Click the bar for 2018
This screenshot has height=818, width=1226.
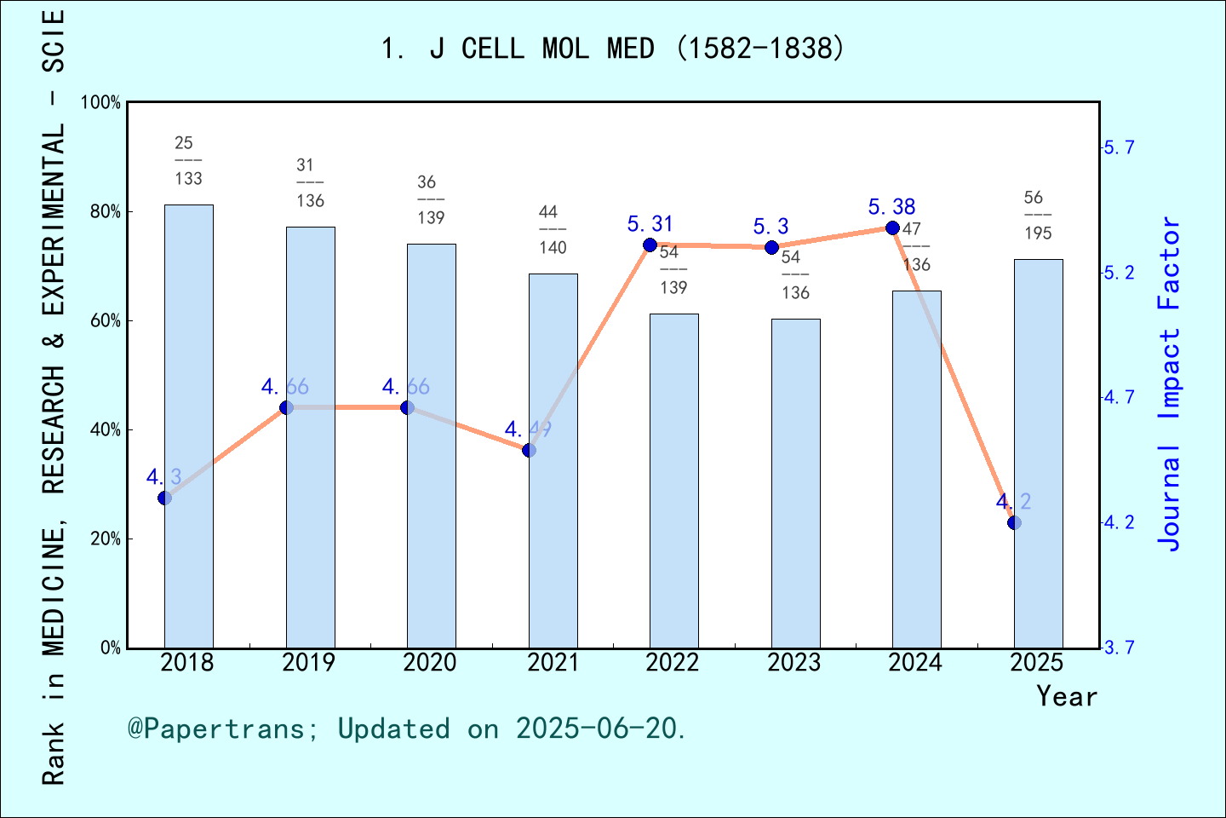[188, 426]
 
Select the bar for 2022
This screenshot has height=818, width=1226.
[673, 481]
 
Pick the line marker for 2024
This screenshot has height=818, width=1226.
[892, 228]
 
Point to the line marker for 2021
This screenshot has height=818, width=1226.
[529, 450]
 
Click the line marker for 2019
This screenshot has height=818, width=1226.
[287, 407]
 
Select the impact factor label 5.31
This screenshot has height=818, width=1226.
[650, 224]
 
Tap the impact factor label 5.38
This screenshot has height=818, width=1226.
[891, 207]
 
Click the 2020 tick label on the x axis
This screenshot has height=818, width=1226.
[430, 663]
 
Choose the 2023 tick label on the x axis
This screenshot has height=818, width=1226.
[793, 663]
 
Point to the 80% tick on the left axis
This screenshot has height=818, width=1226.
[106, 212]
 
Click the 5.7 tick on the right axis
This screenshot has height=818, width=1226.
[1120, 148]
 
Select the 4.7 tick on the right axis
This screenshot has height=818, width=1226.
[1120, 398]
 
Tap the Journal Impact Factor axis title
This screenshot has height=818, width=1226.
[1170, 383]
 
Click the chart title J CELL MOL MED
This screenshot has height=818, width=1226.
[613, 49]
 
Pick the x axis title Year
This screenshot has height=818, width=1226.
[1066, 697]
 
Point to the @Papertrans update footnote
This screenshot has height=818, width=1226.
[407, 729]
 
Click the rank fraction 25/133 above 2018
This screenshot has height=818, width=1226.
[188, 160]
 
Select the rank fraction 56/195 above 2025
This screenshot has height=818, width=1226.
[1038, 215]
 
